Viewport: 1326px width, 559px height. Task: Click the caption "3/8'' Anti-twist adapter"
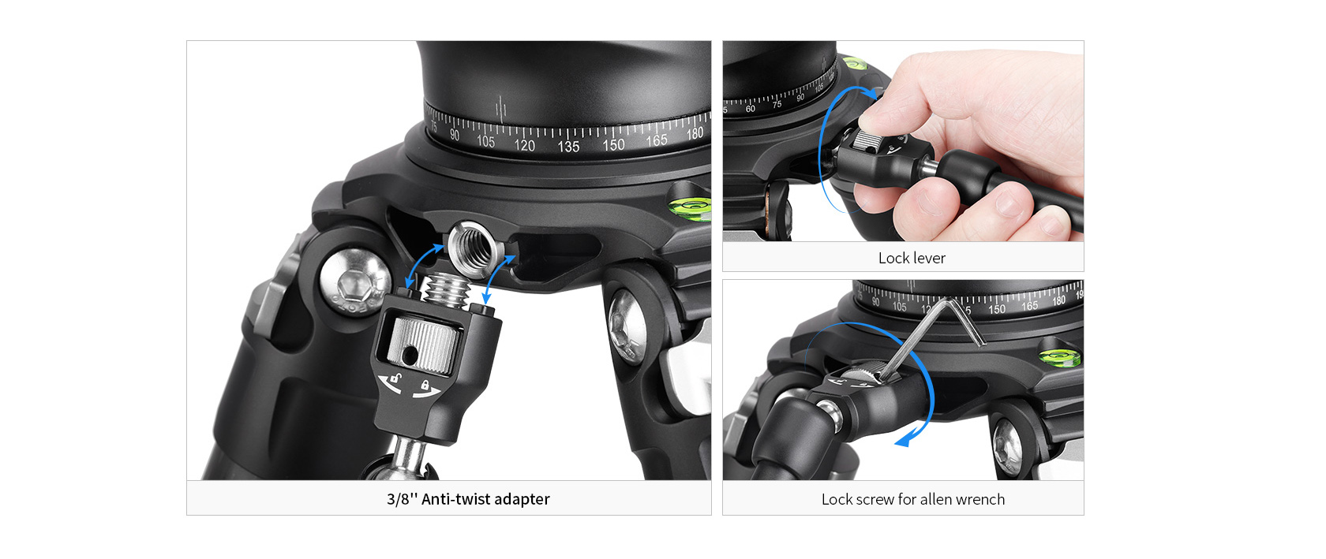468,499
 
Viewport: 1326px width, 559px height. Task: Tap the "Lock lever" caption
912,258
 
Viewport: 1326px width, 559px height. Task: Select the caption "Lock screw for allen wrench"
912,499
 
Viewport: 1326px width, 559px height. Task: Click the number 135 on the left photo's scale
568,146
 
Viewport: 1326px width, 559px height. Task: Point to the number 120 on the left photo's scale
524,144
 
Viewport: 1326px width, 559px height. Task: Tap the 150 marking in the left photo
613,143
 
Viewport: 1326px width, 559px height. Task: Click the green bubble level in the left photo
690,207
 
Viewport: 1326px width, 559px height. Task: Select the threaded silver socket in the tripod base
471,248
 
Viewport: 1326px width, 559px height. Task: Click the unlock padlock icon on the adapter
396,378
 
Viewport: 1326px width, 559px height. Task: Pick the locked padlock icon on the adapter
425,385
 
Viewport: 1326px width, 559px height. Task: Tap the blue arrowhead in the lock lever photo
869,94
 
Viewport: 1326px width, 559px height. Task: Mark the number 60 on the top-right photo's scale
750,109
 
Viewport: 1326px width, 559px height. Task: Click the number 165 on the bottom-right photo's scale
1029,306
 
